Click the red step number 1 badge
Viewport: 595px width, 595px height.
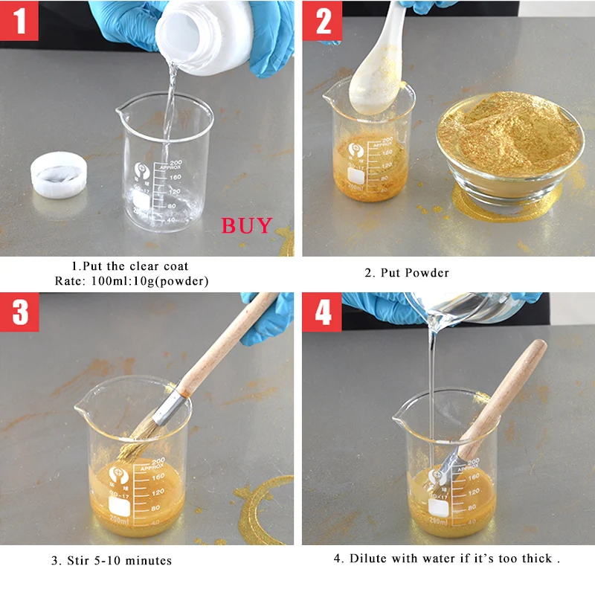tap(19, 21)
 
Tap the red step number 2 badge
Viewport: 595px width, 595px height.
tap(322, 21)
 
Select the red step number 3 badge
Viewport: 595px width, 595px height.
tap(19, 312)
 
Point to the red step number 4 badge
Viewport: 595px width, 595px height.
tap(322, 312)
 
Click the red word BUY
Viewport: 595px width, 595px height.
tap(247, 225)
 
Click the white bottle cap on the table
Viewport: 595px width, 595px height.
tap(59, 175)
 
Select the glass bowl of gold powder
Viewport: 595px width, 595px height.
tap(510, 148)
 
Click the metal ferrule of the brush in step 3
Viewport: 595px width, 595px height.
tap(171, 408)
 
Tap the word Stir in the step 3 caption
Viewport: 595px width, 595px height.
tap(78, 561)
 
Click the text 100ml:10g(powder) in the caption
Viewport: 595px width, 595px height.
tap(150, 281)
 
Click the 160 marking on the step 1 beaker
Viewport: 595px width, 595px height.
tap(175, 177)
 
